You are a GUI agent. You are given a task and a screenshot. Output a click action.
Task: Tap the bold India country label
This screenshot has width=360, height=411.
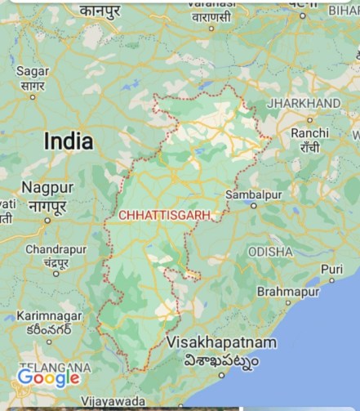68,141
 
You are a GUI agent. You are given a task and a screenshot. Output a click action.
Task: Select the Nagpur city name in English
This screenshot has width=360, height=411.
47,187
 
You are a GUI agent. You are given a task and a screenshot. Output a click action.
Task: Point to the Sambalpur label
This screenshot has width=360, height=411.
253,195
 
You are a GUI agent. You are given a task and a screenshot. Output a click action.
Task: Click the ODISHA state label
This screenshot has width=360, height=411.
270,251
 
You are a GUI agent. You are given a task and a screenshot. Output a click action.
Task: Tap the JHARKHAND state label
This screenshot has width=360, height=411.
304,104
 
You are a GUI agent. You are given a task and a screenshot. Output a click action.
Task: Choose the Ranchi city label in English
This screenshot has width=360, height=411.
309,132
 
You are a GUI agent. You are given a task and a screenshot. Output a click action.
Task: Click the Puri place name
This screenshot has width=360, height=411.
332,269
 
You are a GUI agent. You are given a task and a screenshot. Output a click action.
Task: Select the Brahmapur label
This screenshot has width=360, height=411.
285,291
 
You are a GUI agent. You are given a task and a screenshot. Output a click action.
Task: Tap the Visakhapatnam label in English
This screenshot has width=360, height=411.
221,342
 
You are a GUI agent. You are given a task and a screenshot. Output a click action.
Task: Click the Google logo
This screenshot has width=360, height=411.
49,377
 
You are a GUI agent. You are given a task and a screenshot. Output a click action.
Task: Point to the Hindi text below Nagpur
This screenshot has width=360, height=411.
47,206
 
